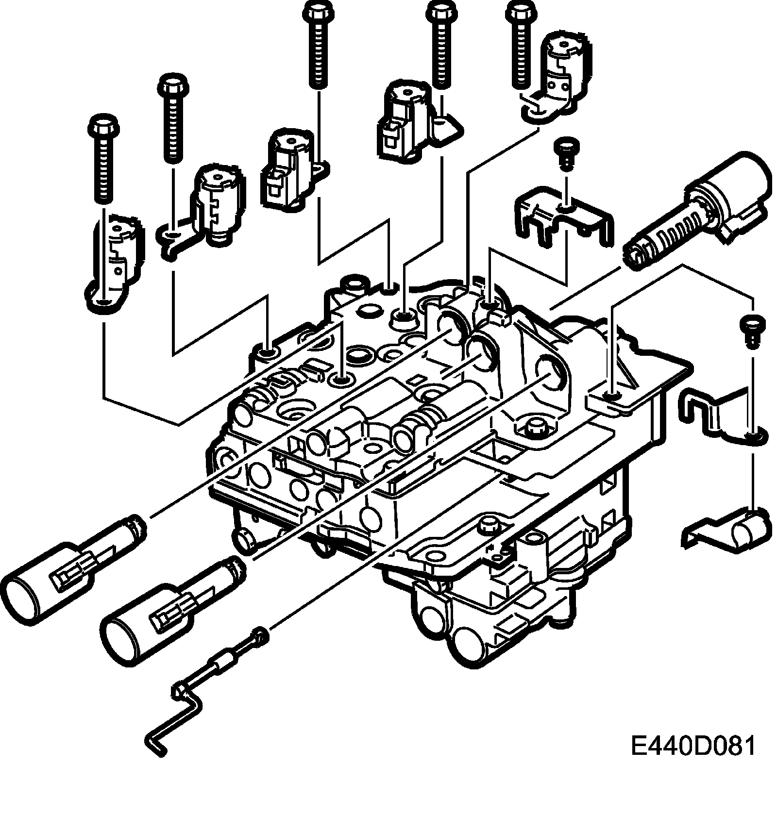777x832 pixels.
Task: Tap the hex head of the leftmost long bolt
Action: point(101,128)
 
